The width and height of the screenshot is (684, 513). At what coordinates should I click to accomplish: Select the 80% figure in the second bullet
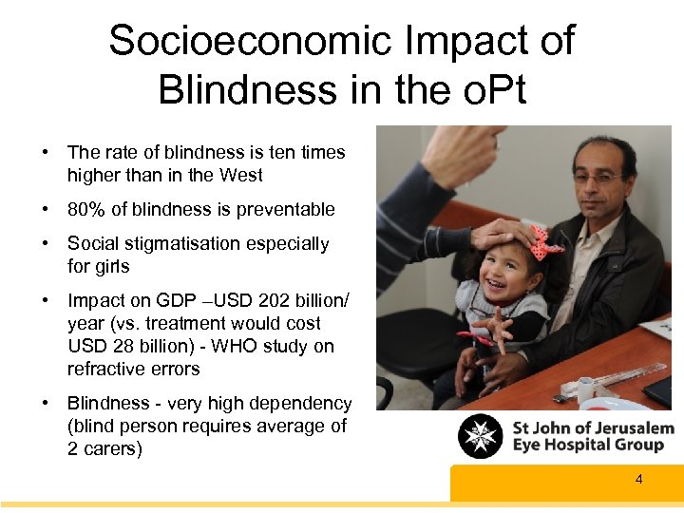85,209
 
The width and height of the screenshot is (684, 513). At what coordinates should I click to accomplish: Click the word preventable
284,209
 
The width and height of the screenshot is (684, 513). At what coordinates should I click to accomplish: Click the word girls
111,266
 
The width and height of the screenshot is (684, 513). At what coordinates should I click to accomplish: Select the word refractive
105,369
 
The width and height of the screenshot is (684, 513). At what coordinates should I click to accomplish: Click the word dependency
306,403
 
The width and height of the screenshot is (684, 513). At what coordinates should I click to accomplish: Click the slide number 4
638,479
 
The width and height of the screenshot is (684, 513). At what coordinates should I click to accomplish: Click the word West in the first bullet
241,175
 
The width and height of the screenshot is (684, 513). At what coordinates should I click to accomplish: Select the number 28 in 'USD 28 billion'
117,346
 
